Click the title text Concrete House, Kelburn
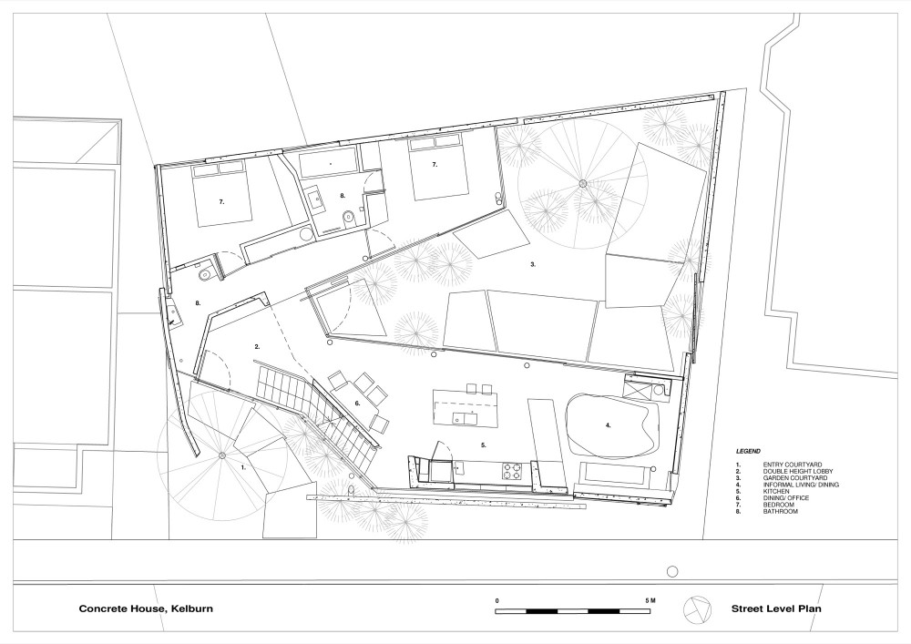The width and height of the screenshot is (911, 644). [146, 609]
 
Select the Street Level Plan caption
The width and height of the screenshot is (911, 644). [775, 609]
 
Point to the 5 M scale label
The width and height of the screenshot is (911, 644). [650, 600]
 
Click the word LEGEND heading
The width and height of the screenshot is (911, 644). [748, 451]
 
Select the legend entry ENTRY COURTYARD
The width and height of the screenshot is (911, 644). [793, 465]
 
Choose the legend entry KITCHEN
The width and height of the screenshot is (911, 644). [776, 491]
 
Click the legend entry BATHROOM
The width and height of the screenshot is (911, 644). [781, 512]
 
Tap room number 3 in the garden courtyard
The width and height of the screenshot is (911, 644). [533, 264]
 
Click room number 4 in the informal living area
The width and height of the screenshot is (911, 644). [609, 425]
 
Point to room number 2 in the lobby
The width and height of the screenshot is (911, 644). [257, 347]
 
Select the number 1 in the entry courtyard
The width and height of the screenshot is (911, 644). [243, 467]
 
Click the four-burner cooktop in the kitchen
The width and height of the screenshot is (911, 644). [512, 470]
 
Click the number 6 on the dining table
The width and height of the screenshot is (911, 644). [357, 403]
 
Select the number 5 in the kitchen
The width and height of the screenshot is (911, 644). [484, 445]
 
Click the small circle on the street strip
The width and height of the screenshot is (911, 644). [672, 572]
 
